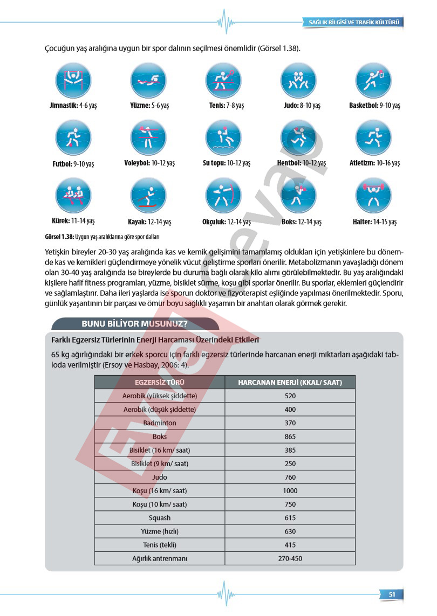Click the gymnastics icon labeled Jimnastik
73,80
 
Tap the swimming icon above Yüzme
148,80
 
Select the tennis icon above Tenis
223,80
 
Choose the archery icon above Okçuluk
223,195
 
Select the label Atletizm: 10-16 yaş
374,163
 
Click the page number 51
392,594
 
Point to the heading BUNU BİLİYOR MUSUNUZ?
134,324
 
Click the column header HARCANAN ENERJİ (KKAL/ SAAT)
290,382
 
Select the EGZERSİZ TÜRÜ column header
160,382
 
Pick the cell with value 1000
290,491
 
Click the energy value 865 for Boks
290,437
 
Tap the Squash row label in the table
160,518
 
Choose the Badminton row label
160,423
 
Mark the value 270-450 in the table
290,558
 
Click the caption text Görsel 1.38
59,237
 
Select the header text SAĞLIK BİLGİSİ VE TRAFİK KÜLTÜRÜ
353,23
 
